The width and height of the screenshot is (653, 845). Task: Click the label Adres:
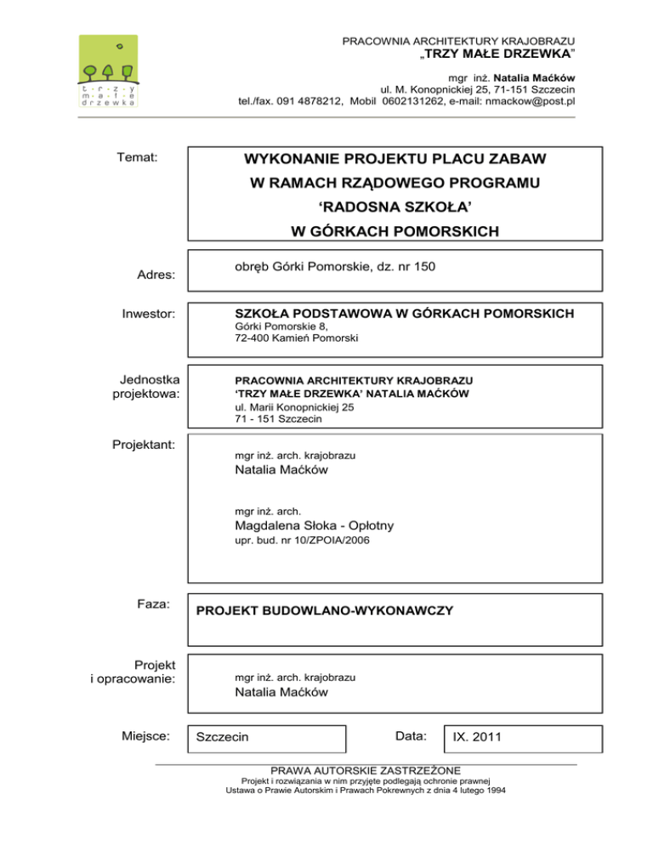156,275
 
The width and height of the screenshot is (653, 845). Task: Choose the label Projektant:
143,443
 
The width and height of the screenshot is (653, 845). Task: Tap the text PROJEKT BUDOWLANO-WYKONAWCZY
325,610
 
